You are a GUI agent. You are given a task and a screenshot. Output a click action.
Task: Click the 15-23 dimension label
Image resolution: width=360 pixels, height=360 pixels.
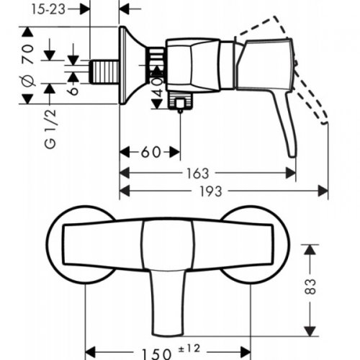[x=48, y=9]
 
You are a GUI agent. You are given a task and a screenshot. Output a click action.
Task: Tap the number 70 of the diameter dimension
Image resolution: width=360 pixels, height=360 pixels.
[x=28, y=54]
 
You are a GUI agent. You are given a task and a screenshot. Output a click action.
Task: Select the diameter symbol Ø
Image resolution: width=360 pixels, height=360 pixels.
[x=28, y=81]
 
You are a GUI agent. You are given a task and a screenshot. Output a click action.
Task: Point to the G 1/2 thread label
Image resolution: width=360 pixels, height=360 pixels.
[x=50, y=129]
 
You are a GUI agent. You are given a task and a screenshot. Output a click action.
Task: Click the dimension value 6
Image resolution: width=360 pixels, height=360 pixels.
[x=73, y=91]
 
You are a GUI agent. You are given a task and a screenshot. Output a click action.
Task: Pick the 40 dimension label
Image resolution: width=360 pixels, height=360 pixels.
[x=157, y=87]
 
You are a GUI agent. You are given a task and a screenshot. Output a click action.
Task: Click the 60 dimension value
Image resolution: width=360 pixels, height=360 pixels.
[x=150, y=152]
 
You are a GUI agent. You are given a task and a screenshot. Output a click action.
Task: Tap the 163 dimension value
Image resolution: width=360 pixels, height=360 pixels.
[x=198, y=174]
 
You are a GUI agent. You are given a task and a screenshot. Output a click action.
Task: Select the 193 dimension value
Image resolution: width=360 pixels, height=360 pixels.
[x=211, y=192]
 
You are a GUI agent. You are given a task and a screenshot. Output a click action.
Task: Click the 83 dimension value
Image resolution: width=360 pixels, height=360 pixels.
[x=310, y=286]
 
